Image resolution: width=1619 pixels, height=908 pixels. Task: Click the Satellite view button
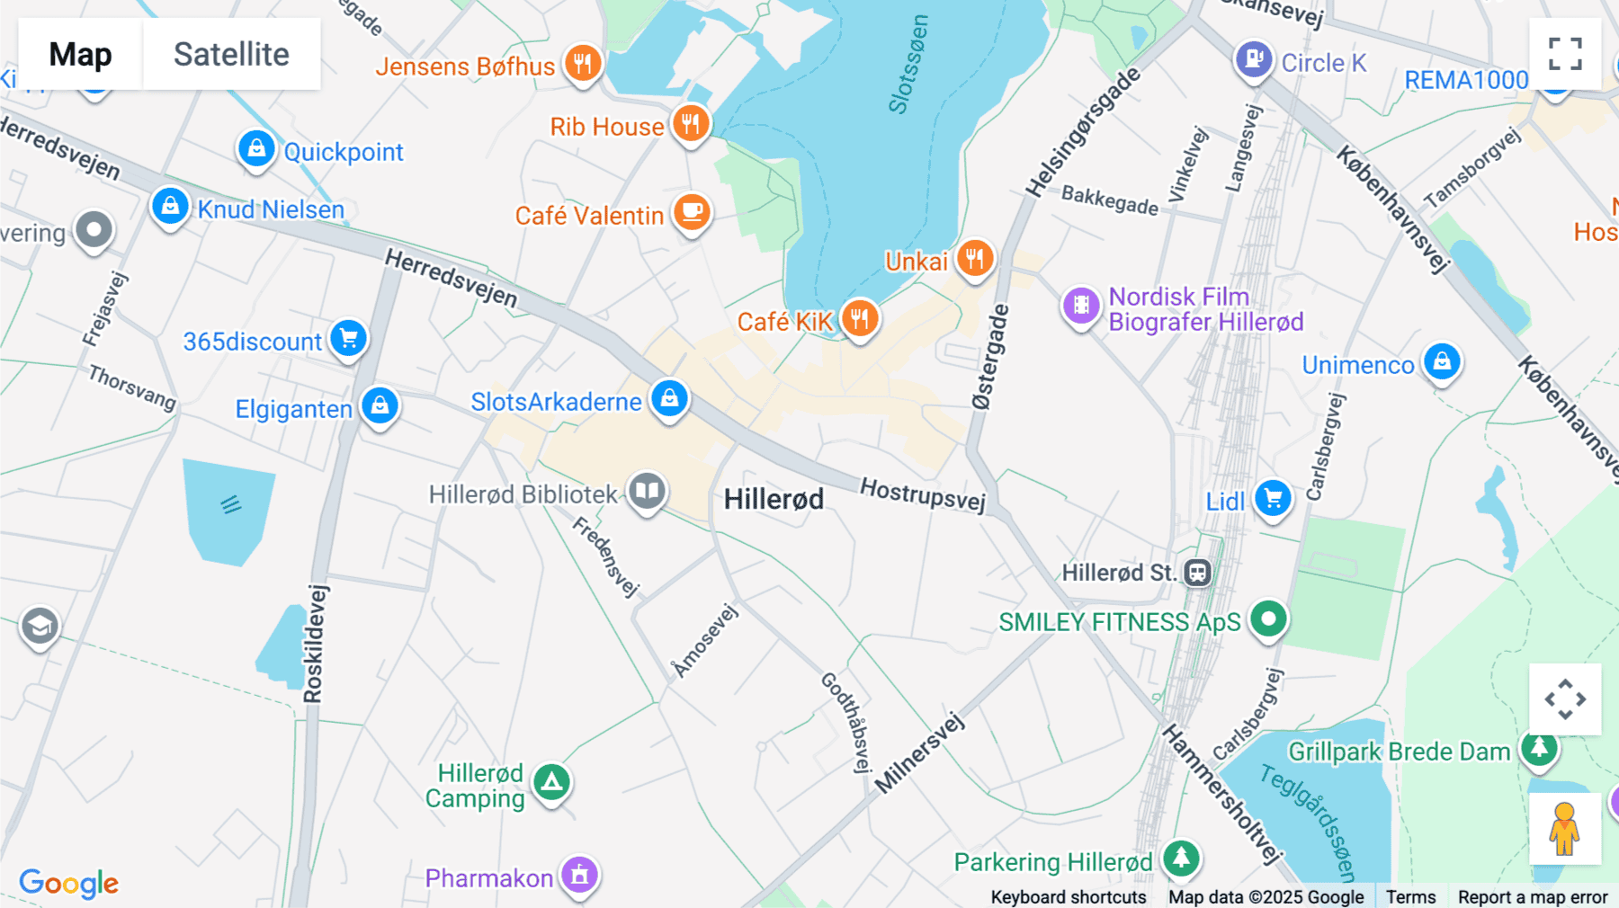[231, 54]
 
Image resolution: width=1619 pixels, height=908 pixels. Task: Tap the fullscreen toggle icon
[1565, 54]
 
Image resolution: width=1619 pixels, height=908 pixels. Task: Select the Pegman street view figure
[1564, 828]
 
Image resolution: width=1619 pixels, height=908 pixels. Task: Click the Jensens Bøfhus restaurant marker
[583, 64]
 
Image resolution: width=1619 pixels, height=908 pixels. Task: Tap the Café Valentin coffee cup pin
[692, 213]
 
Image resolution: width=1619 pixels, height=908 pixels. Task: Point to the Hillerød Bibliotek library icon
[647, 492]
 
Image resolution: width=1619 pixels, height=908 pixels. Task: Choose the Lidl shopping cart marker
[1273, 498]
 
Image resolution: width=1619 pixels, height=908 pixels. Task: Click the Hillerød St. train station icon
[1197, 573]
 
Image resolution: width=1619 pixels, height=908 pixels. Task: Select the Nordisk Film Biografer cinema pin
[1081, 306]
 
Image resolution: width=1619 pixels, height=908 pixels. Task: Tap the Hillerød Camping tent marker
[552, 783]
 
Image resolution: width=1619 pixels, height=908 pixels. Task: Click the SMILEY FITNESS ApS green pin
[1268, 619]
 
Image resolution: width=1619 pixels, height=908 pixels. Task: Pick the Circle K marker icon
[1254, 60]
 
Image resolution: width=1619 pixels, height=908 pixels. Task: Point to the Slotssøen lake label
[908, 65]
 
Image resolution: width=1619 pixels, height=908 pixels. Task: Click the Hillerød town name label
[774, 499]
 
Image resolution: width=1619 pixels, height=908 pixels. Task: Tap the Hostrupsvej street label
[923, 494]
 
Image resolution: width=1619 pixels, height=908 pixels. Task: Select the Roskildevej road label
[314, 644]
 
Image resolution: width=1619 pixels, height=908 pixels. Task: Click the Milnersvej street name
[919, 753]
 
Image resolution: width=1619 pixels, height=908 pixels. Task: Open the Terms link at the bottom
[1410, 896]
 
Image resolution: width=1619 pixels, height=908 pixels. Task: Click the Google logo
[68, 883]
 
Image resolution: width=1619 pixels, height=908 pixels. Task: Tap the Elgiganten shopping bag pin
[380, 406]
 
